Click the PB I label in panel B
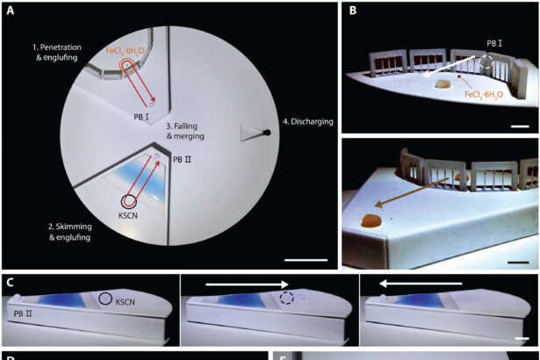click(x=498, y=41)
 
